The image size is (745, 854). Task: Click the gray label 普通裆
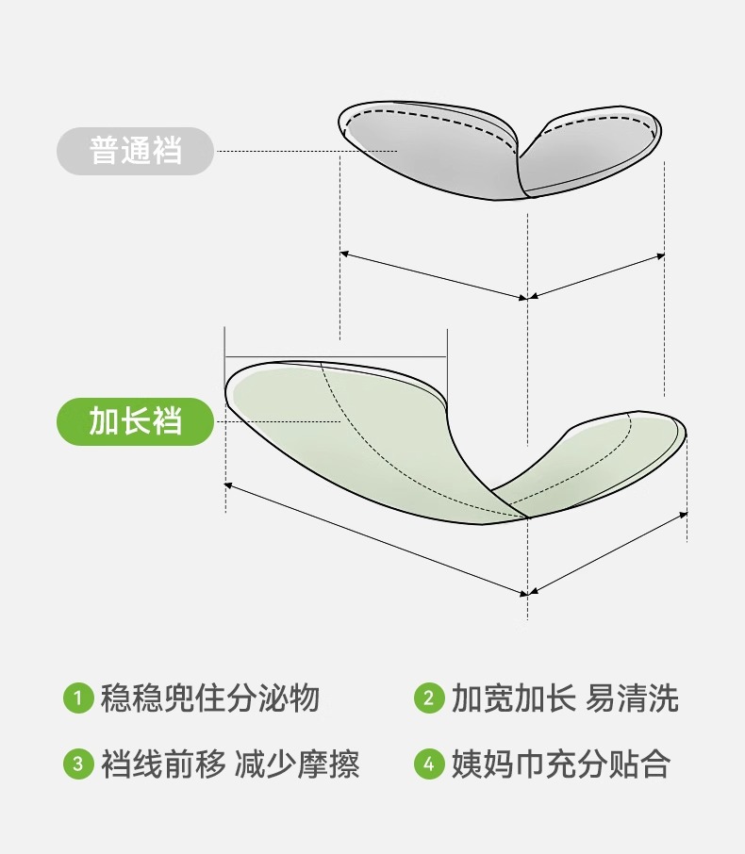136,151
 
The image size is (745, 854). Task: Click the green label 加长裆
136,421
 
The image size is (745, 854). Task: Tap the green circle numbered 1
77,698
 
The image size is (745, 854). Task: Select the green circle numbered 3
77,764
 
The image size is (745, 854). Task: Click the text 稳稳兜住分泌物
210,698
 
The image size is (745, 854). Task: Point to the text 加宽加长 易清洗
564,698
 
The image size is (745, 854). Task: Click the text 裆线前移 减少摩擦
230,764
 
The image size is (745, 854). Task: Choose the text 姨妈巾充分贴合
560,764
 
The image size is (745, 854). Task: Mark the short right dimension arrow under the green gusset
608,554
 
